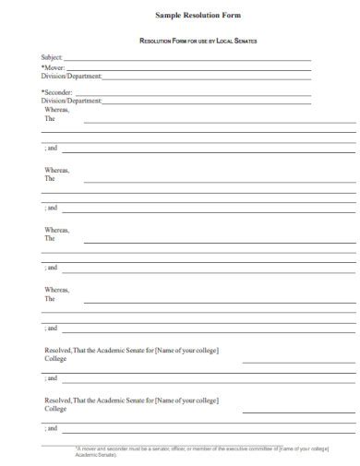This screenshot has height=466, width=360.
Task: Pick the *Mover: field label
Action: coord(53,67)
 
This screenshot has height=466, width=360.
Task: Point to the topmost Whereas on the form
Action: coord(56,110)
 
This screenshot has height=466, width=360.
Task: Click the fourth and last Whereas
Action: coord(56,289)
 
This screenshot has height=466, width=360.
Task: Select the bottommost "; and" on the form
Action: coord(51,429)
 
